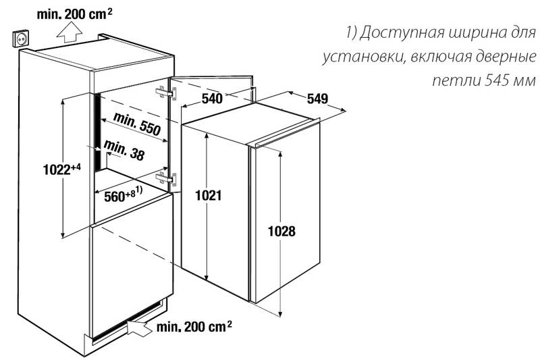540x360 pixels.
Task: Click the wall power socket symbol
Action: [22, 38]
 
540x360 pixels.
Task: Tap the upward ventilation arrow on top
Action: [70, 31]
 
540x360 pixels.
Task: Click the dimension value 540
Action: [212, 99]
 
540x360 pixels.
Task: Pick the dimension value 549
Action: [317, 99]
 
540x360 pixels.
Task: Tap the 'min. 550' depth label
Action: [137, 124]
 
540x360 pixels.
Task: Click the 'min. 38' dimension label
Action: [124, 150]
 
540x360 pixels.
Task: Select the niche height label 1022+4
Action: [62, 169]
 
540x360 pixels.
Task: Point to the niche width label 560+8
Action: [123, 195]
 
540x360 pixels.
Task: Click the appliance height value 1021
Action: [209, 195]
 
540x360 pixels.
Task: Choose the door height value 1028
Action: [281, 231]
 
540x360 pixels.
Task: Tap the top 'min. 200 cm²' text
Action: [74, 14]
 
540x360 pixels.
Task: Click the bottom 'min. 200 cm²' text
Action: [194, 326]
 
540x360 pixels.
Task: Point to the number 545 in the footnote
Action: [496, 80]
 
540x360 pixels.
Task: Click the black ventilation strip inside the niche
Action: [98, 132]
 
